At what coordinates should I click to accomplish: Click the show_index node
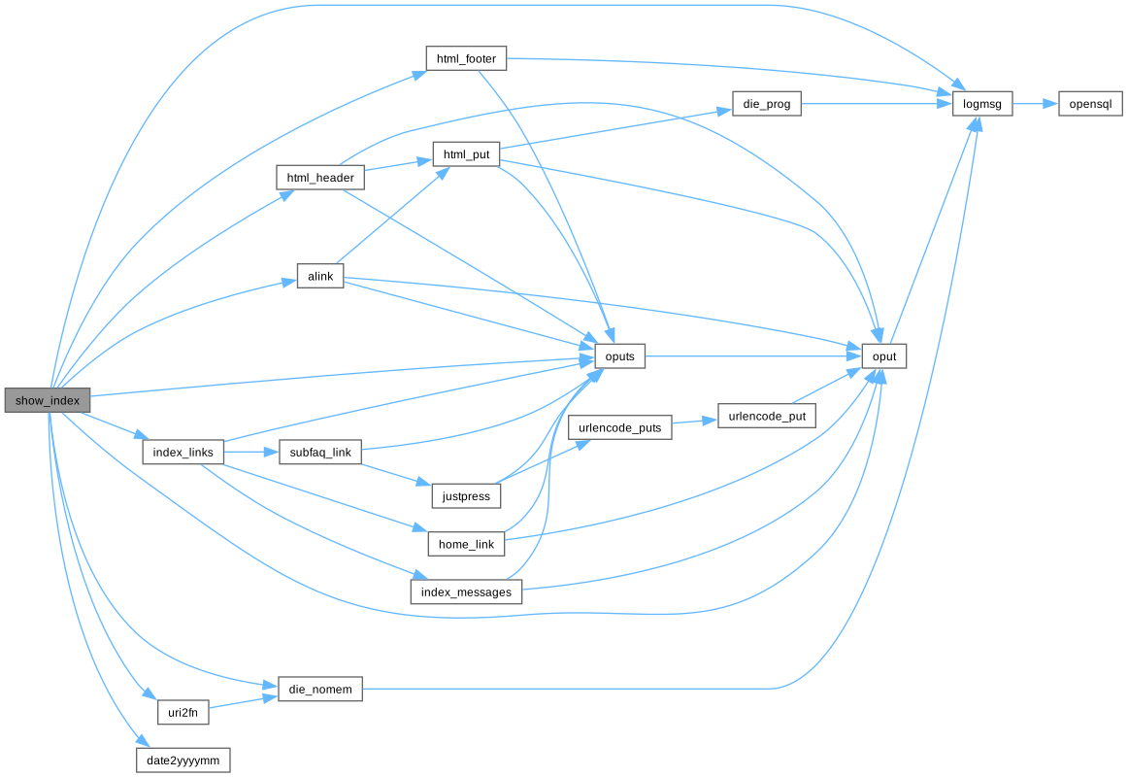click(x=47, y=400)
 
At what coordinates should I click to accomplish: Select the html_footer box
click(x=466, y=58)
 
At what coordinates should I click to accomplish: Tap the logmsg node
click(x=982, y=103)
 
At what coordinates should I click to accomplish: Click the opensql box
click(x=1090, y=103)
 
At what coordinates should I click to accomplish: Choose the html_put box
click(x=466, y=155)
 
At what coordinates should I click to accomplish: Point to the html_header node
click(x=320, y=178)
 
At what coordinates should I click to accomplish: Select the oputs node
click(x=619, y=356)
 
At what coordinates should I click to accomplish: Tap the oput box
click(x=884, y=356)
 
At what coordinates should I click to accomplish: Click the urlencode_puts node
click(x=619, y=427)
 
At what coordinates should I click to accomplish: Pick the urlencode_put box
click(x=766, y=416)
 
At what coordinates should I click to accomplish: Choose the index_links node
click(x=183, y=453)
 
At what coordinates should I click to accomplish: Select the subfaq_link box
click(x=320, y=453)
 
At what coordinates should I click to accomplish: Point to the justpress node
click(x=466, y=496)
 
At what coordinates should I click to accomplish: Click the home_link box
click(x=466, y=544)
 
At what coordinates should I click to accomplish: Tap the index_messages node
click(x=466, y=591)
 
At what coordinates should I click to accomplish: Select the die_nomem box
click(x=320, y=690)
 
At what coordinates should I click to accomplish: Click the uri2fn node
click(x=183, y=712)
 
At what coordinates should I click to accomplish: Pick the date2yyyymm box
click(x=183, y=760)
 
